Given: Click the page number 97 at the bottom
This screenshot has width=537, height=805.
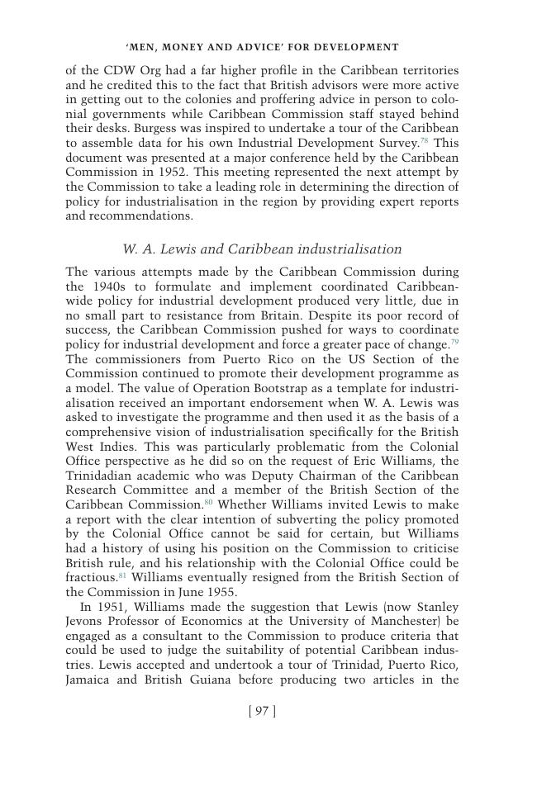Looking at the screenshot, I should (262, 712).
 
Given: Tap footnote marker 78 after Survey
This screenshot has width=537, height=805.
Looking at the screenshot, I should (424, 140).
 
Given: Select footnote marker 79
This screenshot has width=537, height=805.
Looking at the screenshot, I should (454, 342).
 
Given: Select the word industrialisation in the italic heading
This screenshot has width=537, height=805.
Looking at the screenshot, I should (349, 249).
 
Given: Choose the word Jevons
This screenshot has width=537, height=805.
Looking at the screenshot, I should (86, 622).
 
